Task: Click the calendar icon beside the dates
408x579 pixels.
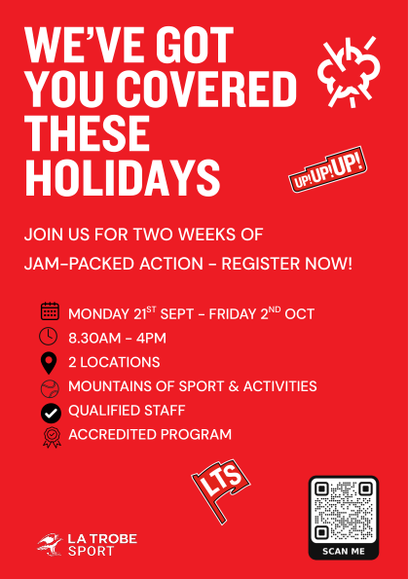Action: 50,311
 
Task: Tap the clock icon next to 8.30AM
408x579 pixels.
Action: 49,337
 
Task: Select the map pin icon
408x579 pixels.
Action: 49,363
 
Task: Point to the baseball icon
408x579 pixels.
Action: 50,389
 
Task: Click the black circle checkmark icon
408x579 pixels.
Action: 51,413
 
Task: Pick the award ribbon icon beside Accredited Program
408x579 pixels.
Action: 52,438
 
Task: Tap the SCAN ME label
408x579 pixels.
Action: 344,552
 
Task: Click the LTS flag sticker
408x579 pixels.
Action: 221,490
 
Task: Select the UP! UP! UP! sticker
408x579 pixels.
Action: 327,169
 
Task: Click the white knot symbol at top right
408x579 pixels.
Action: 349,72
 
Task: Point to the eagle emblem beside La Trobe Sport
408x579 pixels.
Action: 50,544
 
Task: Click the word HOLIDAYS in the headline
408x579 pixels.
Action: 123,178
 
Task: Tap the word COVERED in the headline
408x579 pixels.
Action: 208,89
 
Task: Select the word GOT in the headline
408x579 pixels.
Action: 195,45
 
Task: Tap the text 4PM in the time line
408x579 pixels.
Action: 151,339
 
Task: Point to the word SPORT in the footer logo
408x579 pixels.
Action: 91,551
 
